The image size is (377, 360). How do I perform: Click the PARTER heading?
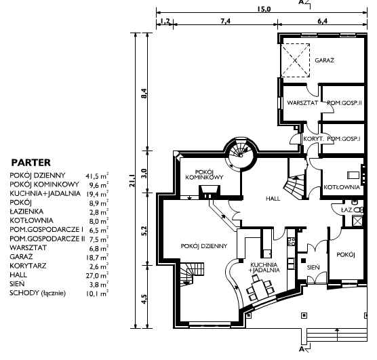31,163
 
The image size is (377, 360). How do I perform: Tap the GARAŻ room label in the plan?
324,60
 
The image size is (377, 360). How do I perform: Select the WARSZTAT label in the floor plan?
302,102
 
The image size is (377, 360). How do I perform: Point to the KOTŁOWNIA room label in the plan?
342,187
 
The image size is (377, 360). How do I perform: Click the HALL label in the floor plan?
273,199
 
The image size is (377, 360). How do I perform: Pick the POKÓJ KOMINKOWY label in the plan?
204,175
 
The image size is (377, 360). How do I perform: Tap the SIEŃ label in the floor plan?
313,267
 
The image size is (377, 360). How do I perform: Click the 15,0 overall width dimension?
264,9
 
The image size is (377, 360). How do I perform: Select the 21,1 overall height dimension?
132,181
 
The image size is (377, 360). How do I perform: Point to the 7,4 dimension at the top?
225,21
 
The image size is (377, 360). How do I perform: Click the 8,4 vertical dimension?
144,93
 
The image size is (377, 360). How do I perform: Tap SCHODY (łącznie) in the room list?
37,293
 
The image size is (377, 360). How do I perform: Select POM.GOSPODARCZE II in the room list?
47,239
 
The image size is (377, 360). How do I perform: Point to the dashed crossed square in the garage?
296,60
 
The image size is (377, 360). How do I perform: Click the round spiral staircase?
241,155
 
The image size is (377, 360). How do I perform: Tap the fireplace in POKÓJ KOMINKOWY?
209,192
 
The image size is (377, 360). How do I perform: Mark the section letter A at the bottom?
301,349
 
